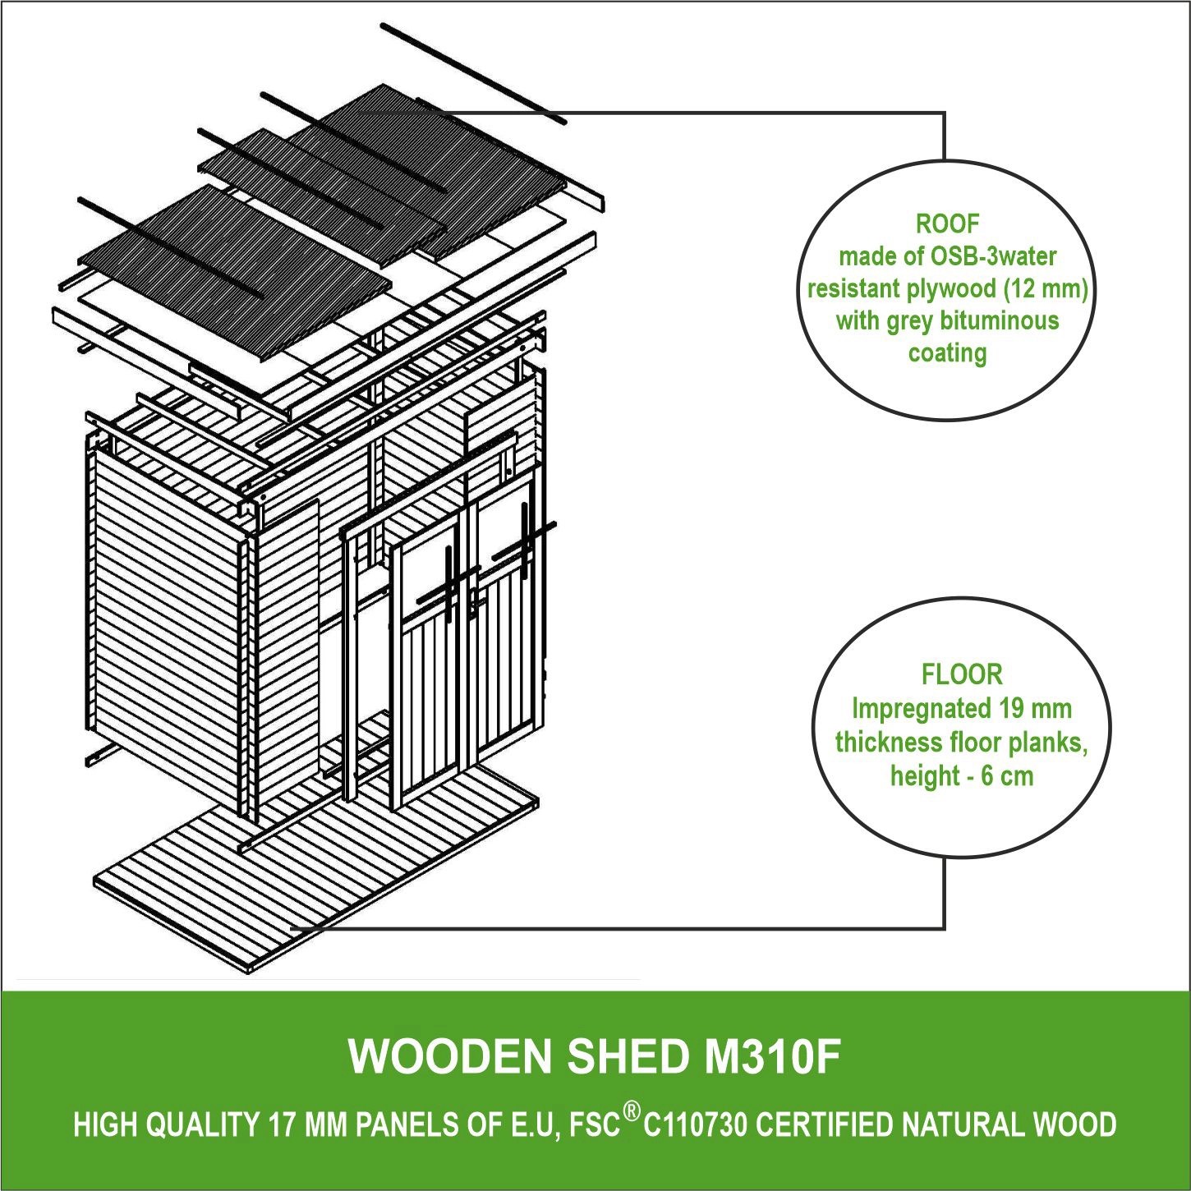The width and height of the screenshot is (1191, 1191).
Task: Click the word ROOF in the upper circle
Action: click(x=947, y=223)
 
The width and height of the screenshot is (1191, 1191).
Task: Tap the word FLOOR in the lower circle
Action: click(x=962, y=674)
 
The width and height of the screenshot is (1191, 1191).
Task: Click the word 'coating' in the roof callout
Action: click(x=947, y=353)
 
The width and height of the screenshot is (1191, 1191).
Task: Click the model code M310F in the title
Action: click(x=773, y=1056)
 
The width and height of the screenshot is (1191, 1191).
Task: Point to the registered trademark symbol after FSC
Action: click(x=631, y=1112)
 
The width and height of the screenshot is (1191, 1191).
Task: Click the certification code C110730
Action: click(x=695, y=1124)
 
